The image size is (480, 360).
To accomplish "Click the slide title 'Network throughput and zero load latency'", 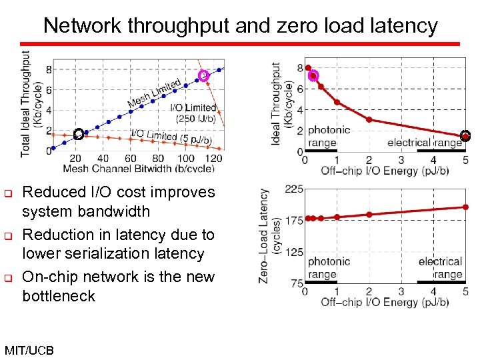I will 240,25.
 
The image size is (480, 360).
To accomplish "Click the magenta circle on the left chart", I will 204,76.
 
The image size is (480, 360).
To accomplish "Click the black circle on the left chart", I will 78,134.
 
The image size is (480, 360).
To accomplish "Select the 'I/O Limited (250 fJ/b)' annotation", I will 193,113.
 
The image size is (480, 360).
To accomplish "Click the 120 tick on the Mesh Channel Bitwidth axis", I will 213,159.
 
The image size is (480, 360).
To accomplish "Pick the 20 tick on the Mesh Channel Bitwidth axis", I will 75,159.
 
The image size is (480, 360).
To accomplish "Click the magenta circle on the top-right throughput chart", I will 313,75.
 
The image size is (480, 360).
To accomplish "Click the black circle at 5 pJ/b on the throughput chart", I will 465,136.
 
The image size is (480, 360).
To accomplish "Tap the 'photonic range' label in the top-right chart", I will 328,137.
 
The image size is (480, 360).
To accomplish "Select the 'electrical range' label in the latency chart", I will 440,268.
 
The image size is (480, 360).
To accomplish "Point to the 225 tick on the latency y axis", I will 294,190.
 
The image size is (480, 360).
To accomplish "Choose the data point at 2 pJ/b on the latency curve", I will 369,215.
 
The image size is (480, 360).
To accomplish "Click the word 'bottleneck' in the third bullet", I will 59,295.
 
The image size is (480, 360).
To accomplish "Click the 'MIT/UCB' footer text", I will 29,350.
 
